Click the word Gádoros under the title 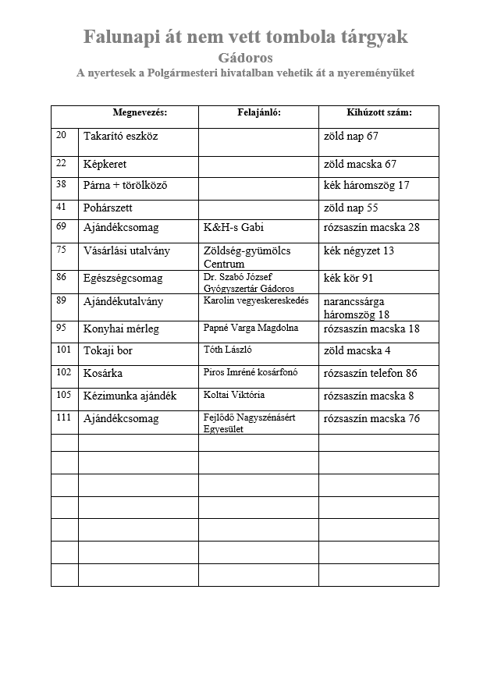pos(246,58)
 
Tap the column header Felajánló pos(258,112)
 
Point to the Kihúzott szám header pos(379,112)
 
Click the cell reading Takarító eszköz pos(120,137)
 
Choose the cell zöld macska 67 pos(360,165)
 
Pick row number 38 pos(62,185)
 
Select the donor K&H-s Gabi pos(233,228)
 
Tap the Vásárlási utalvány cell pos(126,251)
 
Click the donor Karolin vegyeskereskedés pos(256,300)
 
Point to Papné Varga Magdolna pos(251,328)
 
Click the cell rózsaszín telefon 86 pos(370,374)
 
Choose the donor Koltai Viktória pos(235,395)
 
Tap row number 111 pos(63,418)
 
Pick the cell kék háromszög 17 pos(366,186)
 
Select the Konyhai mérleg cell pos(121,329)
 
